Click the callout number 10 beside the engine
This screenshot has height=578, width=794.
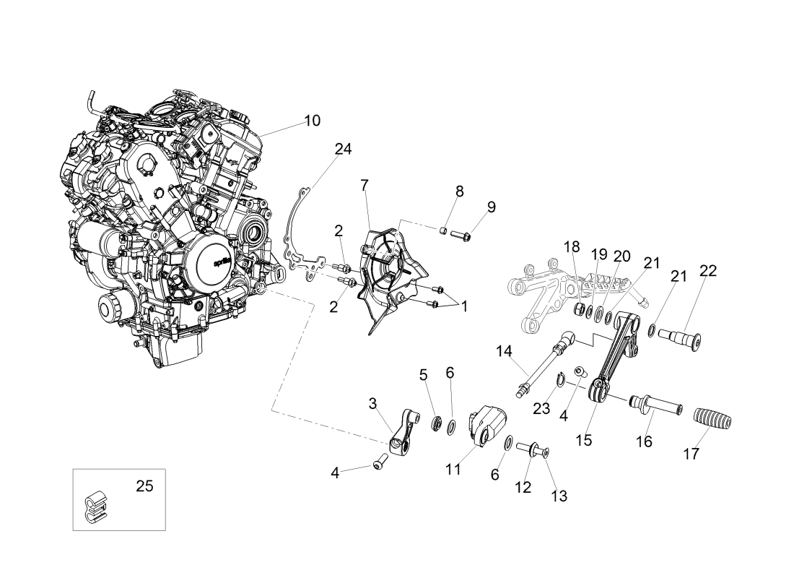312,121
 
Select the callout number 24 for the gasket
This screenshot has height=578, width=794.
343,150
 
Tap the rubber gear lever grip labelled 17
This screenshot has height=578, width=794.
712,420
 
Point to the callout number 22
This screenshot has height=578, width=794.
708,272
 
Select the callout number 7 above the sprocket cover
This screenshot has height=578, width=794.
365,186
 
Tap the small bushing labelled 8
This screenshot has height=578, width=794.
444,231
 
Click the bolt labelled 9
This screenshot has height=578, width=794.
462,234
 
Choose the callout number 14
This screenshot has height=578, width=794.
503,352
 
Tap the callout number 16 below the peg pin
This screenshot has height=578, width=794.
643,441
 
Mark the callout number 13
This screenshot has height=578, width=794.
559,496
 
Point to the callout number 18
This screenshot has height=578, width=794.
571,247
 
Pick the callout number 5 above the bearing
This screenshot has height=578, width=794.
424,374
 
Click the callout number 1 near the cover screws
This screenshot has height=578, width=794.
464,306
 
